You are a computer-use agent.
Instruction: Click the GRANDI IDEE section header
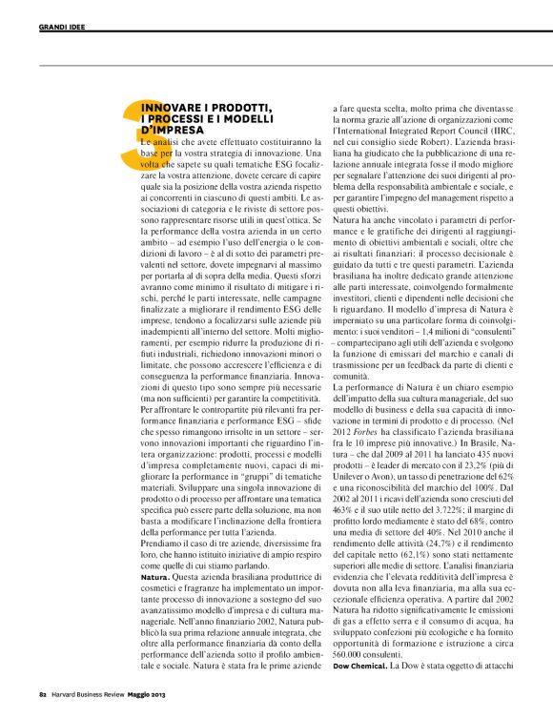pos(62,27)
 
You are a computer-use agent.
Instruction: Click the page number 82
pos(43,694)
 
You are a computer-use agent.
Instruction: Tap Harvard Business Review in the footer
pos(95,694)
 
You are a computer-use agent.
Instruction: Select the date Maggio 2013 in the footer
pos(169,694)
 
